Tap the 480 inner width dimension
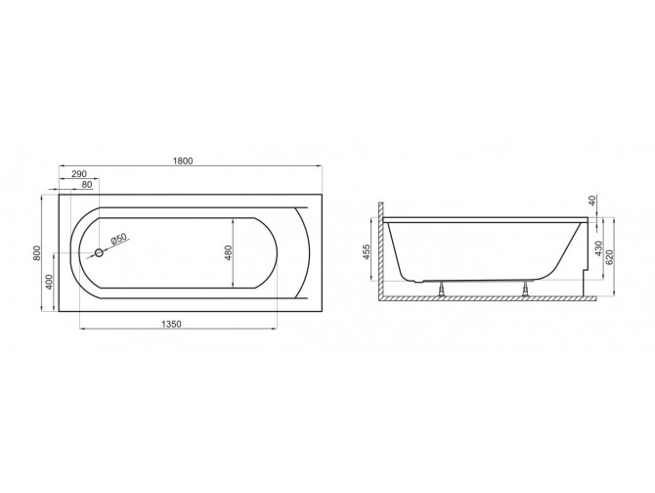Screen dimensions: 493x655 tap(227, 251)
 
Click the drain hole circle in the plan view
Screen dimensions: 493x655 tap(99, 254)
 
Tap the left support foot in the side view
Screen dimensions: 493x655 tap(444, 288)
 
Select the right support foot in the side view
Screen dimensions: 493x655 tap(528, 288)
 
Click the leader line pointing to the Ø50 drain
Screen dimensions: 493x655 tap(108, 247)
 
